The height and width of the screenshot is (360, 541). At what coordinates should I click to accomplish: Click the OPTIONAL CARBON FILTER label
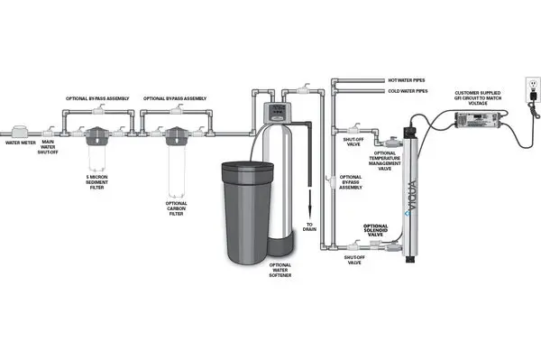tap(176, 208)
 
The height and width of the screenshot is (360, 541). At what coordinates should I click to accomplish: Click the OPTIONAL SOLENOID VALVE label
tap(376, 229)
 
